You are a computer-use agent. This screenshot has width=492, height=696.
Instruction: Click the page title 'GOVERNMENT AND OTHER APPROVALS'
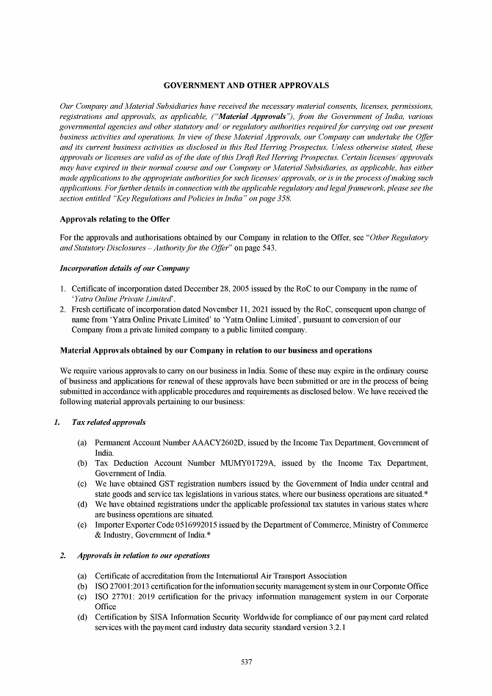click(x=246, y=86)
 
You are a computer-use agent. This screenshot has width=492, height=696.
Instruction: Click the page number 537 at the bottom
click(x=247, y=662)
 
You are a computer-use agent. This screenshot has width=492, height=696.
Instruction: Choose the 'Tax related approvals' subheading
click(x=109, y=423)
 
